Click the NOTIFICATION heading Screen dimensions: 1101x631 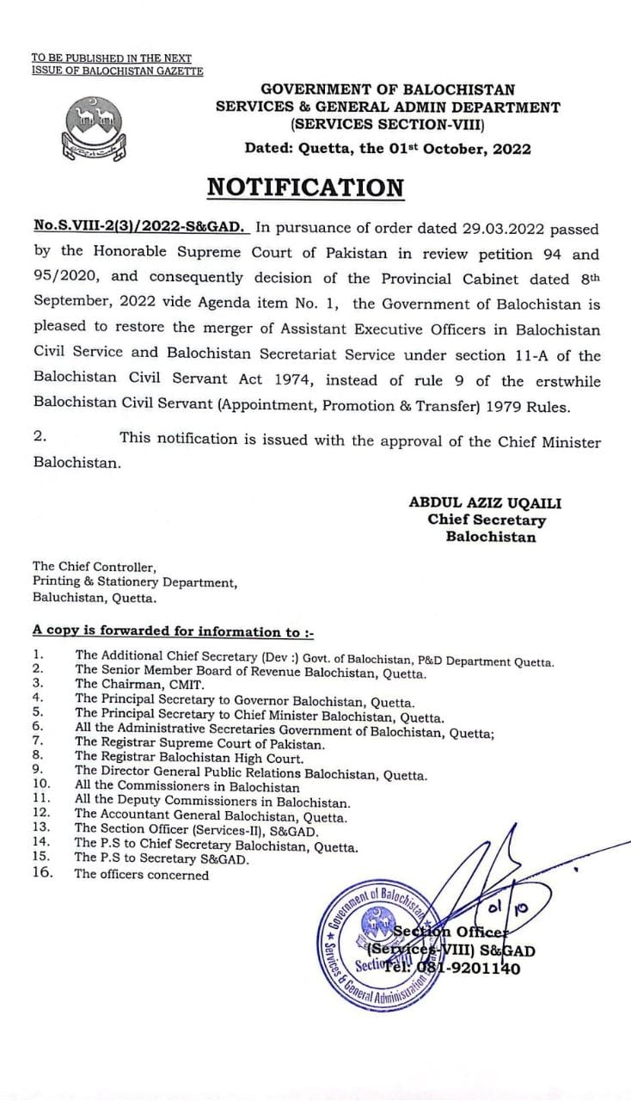click(x=306, y=188)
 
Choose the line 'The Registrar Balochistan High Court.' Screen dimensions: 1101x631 click(x=188, y=758)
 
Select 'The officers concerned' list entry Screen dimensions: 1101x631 click(x=141, y=875)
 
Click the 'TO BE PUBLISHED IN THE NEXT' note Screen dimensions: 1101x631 click(x=112, y=58)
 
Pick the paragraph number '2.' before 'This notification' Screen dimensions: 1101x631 click(x=40, y=436)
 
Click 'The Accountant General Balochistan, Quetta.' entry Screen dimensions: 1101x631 click(x=211, y=816)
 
